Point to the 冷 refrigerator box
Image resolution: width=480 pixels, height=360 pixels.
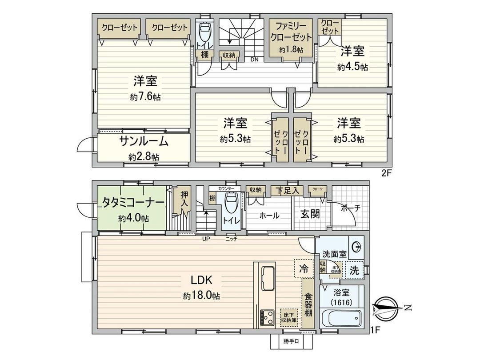click(x=303, y=268)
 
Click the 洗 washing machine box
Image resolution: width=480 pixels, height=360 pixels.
click(x=354, y=270)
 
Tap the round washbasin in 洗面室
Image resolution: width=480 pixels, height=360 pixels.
click(x=356, y=247)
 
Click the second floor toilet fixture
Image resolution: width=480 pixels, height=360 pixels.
click(x=205, y=32)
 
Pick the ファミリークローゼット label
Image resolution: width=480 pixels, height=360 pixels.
click(x=291, y=32)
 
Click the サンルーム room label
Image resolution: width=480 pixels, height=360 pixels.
click(x=144, y=142)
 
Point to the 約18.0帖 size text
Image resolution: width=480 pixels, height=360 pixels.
click(x=201, y=296)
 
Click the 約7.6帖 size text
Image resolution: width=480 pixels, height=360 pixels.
click(x=145, y=97)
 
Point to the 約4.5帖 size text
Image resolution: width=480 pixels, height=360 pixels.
click(x=352, y=67)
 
